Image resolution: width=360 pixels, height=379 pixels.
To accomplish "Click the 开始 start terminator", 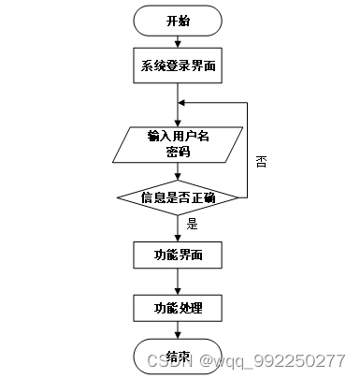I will [178, 21].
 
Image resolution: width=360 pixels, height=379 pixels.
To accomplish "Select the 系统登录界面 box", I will [178, 66].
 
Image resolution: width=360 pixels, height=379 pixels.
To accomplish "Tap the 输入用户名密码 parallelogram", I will [178, 144].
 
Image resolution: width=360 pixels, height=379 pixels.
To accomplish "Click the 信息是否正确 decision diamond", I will [178, 197].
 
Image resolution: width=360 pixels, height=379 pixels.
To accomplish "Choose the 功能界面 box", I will [178, 254].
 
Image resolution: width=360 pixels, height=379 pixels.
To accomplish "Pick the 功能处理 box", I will [178, 307].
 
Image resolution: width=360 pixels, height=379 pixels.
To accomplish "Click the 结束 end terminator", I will [178, 357].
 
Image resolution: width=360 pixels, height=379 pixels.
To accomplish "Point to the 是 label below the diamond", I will [193, 224].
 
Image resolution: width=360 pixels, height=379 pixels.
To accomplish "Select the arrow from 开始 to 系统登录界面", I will [178, 41].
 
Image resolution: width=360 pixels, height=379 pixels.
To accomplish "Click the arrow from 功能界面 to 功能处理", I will [178, 281].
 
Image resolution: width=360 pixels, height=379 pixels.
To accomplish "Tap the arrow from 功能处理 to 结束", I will [178, 331].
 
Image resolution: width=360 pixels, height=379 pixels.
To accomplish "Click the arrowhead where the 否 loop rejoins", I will [182, 104].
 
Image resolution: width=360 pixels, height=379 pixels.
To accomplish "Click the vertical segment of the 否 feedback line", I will [247, 150].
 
